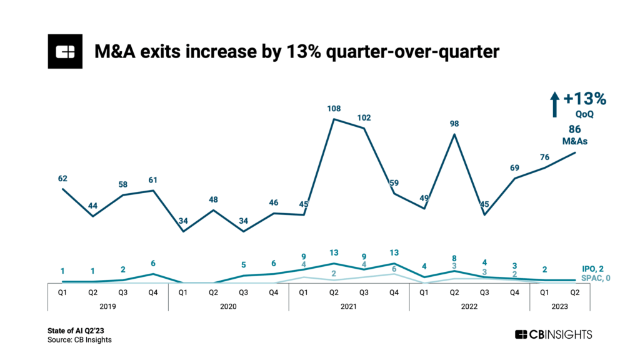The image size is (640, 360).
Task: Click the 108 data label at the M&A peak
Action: pyautogui.click(x=334, y=108)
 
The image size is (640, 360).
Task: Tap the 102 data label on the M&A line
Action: pyautogui.click(x=364, y=117)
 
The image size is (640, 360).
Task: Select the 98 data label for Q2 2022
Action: pyautogui.click(x=454, y=123)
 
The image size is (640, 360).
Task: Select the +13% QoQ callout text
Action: pyautogui.click(x=585, y=103)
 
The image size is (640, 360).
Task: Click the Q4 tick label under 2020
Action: pyautogui.click(x=273, y=291)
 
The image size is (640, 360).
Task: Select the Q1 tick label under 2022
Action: pyautogui.click(x=424, y=291)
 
